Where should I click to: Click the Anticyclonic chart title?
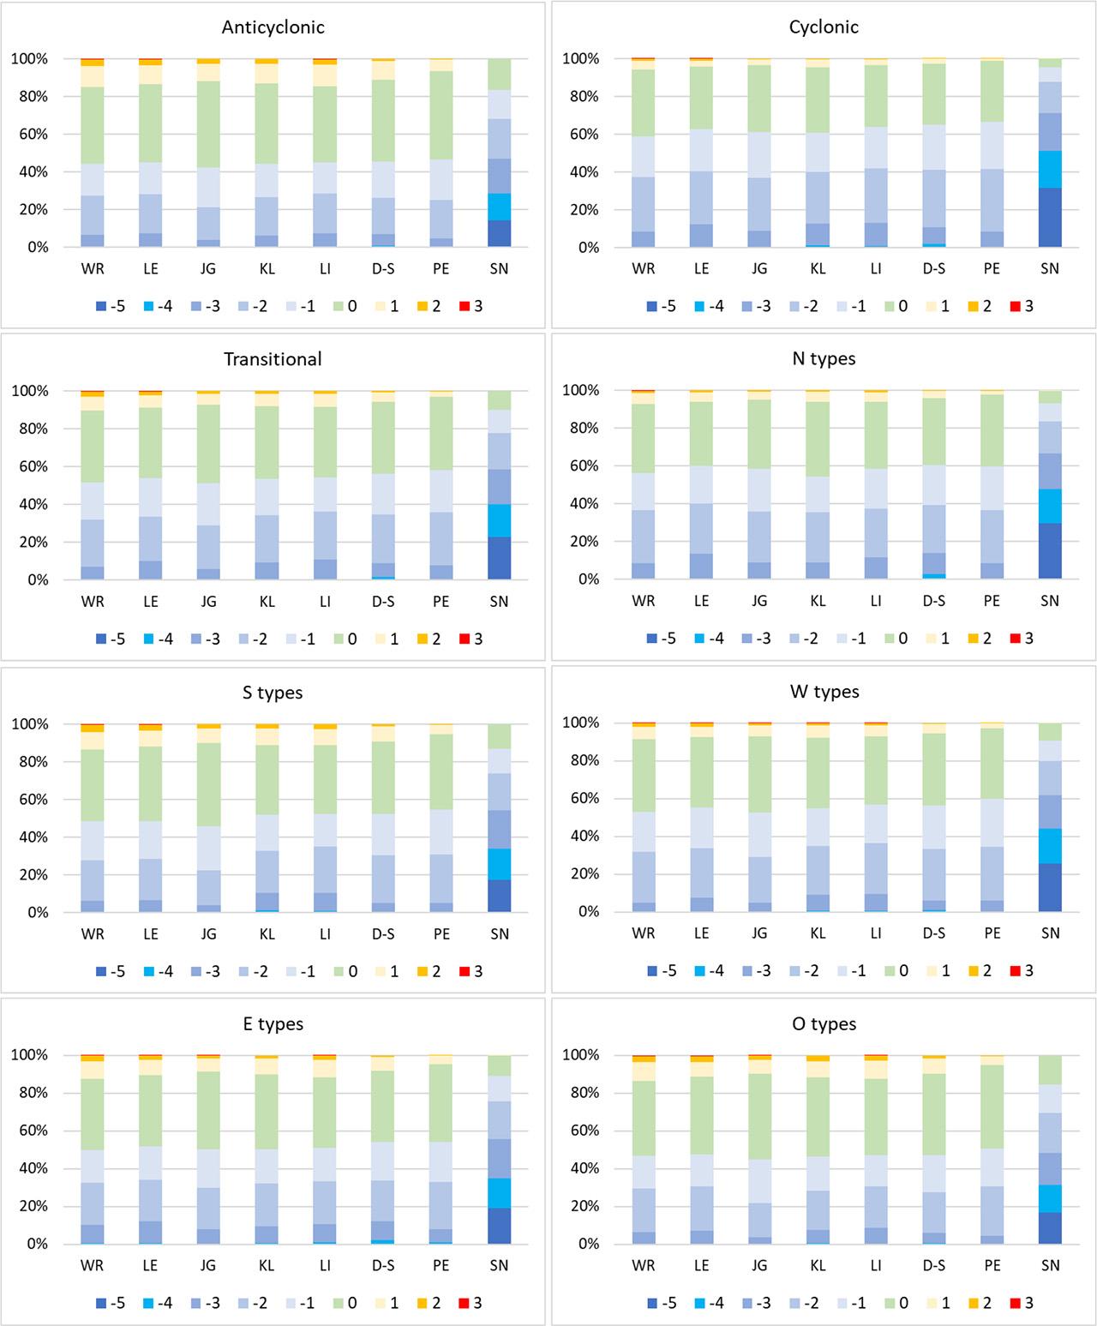[x=273, y=27]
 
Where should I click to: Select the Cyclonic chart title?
[x=824, y=27]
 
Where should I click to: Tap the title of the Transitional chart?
[x=273, y=359]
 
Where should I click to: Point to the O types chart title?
[x=824, y=1024]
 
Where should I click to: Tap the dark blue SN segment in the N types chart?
[x=1050, y=551]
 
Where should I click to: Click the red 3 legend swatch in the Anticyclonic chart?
[x=465, y=306]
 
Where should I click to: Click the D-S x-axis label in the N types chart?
[x=934, y=601]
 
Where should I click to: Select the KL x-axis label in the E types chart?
[x=267, y=1265]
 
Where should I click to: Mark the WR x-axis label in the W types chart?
[x=644, y=933]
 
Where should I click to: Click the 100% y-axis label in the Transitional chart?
[x=28, y=391]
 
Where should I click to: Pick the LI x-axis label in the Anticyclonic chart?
[x=325, y=268]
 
